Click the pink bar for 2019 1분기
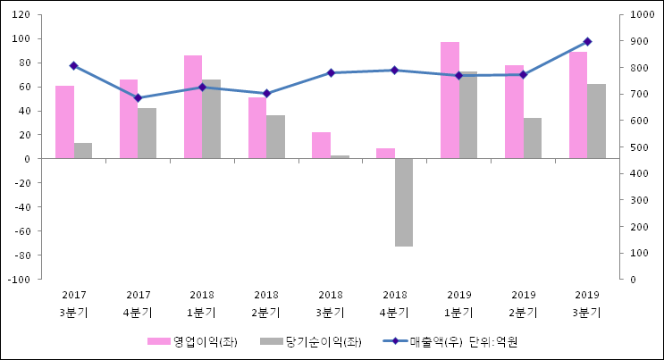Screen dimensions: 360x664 450,100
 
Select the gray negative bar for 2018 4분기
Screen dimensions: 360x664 404,202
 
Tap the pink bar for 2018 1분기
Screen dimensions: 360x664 193,107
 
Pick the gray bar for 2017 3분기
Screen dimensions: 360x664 83,151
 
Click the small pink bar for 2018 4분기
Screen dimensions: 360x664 385,154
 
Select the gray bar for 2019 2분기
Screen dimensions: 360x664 533,138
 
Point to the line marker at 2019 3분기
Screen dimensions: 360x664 587,42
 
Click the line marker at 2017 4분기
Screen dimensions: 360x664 138,98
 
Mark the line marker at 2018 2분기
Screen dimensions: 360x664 266,93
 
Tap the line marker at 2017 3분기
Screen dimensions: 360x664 73,66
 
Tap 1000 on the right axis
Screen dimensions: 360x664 641,15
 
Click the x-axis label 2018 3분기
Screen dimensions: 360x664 331,304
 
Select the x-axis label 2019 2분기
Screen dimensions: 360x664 524,304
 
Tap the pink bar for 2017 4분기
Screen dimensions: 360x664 129,119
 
